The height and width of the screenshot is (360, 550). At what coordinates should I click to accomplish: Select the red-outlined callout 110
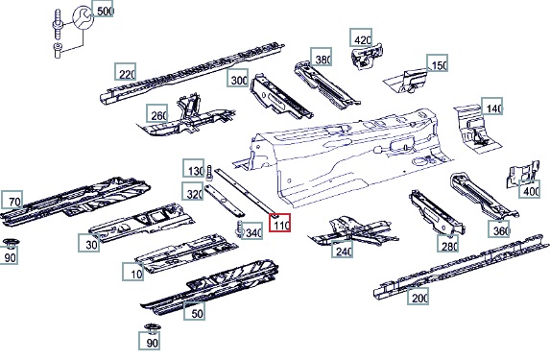pyautogui.click(x=279, y=223)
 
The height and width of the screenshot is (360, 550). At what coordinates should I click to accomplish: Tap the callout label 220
pyautogui.click(x=125, y=72)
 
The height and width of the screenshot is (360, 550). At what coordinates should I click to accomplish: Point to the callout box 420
pyautogui.click(x=361, y=37)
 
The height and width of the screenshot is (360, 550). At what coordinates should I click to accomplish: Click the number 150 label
pyautogui.click(x=437, y=63)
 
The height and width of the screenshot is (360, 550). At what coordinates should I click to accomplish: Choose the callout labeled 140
pyautogui.click(x=492, y=106)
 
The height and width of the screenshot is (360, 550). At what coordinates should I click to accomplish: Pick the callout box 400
pyautogui.click(x=529, y=189)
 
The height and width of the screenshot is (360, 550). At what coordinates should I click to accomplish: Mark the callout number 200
pyautogui.click(x=418, y=296)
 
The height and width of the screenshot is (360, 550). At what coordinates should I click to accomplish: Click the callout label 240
pyautogui.click(x=342, y=250)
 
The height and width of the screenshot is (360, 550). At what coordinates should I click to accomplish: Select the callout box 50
pyautogui.click(x=194, y=311)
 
